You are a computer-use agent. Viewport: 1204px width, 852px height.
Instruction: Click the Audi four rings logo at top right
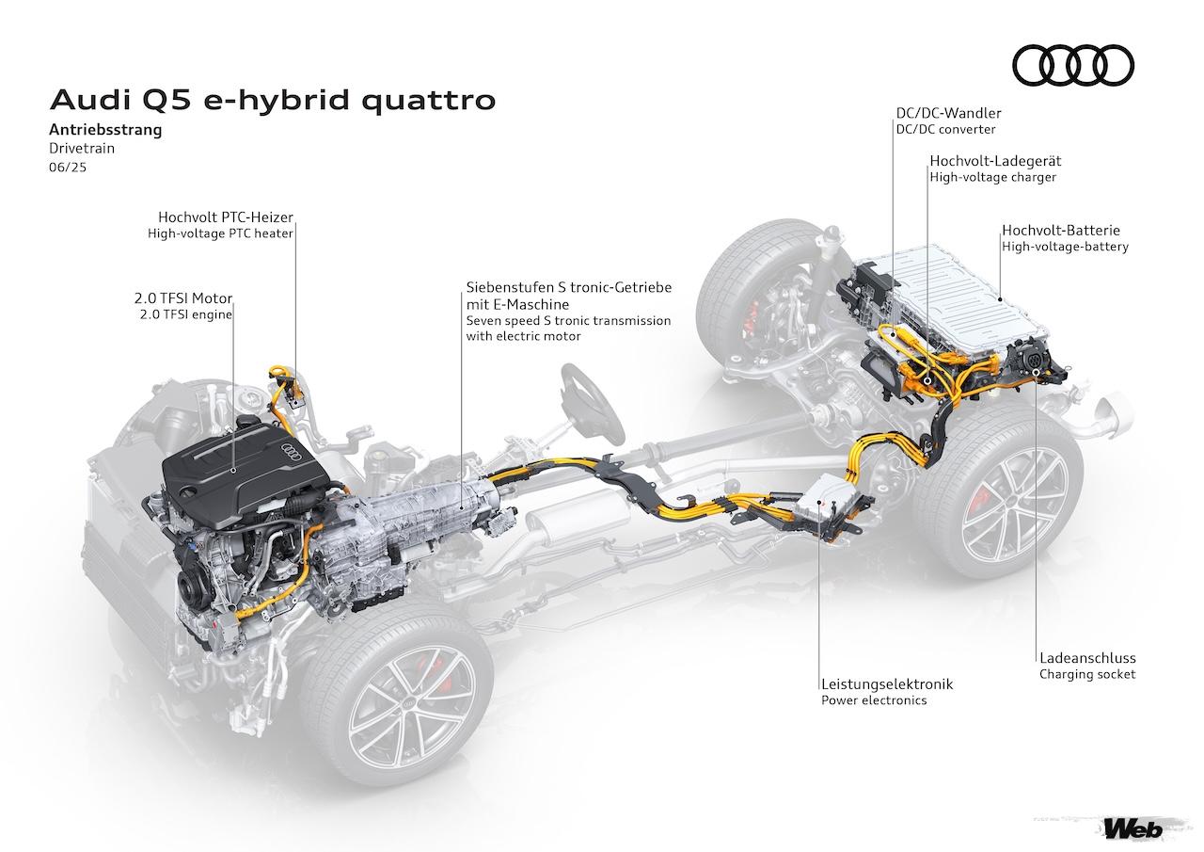[1072, 65]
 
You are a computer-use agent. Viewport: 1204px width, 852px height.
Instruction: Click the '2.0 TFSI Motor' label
[182, 297]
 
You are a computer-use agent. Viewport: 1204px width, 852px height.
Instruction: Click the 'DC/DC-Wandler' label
[947, 113]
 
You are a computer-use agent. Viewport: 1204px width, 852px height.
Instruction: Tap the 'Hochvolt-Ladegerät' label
[995, 161]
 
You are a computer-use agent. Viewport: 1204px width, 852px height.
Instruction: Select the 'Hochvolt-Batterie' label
[1061, 230]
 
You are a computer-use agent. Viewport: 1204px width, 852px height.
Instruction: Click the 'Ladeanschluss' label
[1087, 658]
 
